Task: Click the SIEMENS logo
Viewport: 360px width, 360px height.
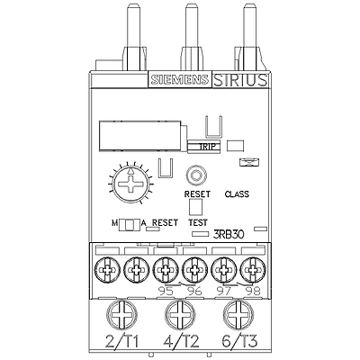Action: [180, 79]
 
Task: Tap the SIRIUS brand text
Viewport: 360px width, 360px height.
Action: [240, 80]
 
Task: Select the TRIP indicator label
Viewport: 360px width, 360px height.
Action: [207, 147]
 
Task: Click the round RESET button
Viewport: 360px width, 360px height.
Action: [195, 175]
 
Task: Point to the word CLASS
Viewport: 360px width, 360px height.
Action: [237, 194]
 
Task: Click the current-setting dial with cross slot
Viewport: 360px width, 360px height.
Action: [130, 184]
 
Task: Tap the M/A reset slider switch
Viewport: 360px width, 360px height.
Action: [130, 225]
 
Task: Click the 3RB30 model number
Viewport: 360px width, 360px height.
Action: [229, 234]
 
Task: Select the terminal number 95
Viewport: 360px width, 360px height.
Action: [166, 291]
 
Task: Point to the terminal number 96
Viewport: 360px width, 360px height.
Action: [194, 291]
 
